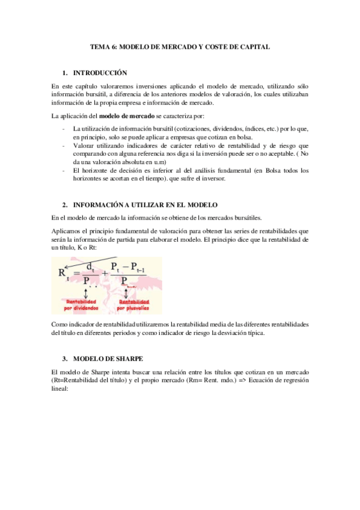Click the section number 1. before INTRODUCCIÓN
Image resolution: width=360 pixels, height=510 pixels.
point(66,73)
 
